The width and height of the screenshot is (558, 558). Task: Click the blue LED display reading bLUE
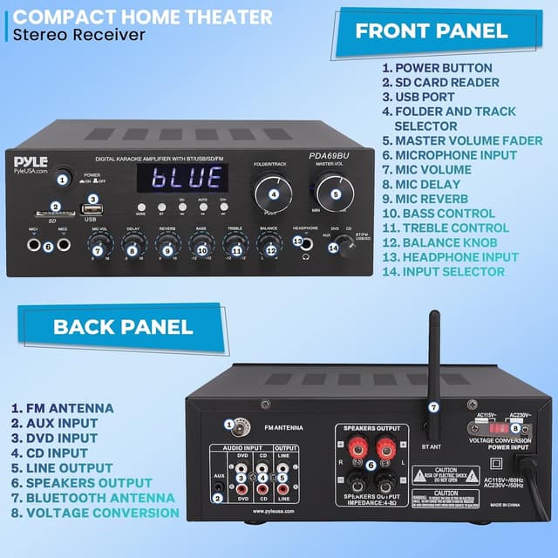[181, 178]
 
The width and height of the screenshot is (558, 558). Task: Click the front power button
[62, 178]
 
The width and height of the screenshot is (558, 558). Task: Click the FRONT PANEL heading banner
[431, 31]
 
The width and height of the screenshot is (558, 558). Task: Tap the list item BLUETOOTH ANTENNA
[92, 498]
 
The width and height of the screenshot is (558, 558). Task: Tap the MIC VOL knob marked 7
[99, 249]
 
